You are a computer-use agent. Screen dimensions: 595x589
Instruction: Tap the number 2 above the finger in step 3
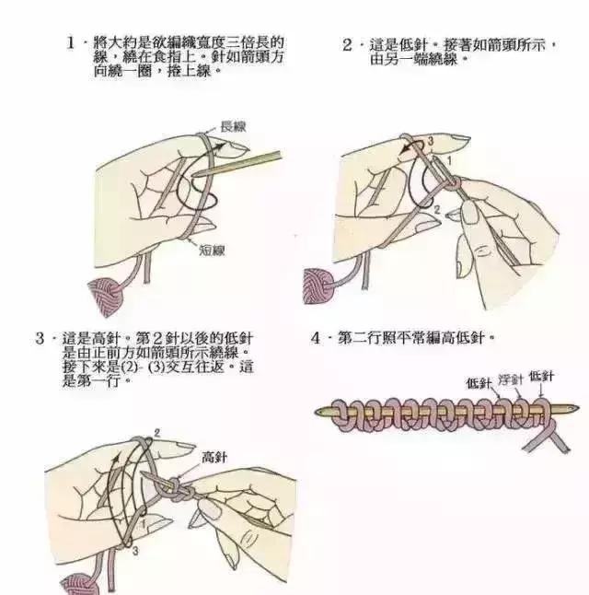click(157, 432)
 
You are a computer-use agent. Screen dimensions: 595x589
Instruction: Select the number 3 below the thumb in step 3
click(135, 550)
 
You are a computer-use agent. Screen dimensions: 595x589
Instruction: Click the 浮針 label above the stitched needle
click(511, 379)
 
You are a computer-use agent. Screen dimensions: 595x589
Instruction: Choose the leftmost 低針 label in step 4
click(479, 382)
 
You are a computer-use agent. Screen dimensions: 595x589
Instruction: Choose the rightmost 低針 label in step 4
click(541, 376)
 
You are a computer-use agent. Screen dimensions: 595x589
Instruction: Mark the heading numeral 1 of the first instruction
click(71, 43)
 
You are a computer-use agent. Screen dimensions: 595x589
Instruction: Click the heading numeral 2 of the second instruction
click(347, 44)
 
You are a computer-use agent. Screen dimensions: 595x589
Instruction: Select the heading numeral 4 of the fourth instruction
click(316, 338)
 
